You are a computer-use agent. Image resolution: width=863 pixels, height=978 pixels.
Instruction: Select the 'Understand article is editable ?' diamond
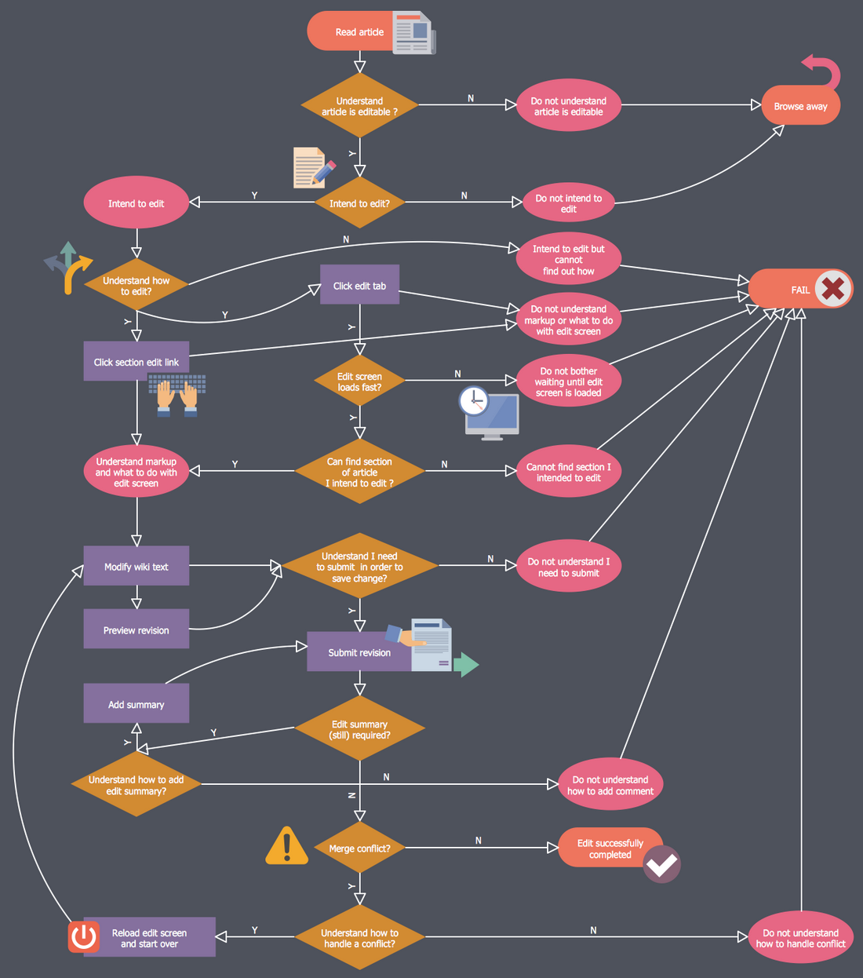coord(359,106)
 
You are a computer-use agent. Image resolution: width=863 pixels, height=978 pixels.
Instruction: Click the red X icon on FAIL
coord(833,289)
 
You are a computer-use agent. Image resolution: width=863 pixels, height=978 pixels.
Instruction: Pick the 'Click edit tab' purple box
coord(359,286)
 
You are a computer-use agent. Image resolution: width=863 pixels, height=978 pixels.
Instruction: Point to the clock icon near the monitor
coord(474,401)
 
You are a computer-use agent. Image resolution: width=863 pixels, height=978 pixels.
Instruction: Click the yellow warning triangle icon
coord(286,846)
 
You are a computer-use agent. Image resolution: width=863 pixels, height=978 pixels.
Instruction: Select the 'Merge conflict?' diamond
coord(359,848)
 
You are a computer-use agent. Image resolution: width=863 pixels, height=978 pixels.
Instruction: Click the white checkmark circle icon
coord(661,864)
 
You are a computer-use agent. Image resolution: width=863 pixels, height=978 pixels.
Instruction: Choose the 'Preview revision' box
coord(137,629)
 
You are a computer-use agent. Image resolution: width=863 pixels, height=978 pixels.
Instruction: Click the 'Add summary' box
coord(137,704)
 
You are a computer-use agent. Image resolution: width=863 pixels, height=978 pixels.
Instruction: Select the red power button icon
coord(84,936)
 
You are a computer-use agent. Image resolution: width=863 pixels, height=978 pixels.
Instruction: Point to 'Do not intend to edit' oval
coord(568,203)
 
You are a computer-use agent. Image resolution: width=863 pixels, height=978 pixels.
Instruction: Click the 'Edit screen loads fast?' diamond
coord(359,381)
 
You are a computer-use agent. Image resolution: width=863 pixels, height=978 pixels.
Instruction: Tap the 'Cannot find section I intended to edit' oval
coord(568,472)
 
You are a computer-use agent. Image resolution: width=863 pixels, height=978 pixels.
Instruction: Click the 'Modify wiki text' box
coord(137,566)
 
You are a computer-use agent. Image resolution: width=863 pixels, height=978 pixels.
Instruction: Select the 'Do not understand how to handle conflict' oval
coord(800,937)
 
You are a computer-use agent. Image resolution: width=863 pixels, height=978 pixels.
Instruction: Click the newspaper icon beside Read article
coord(413,32)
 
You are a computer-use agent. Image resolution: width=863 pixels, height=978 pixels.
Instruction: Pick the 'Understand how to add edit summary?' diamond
coord(137,785)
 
